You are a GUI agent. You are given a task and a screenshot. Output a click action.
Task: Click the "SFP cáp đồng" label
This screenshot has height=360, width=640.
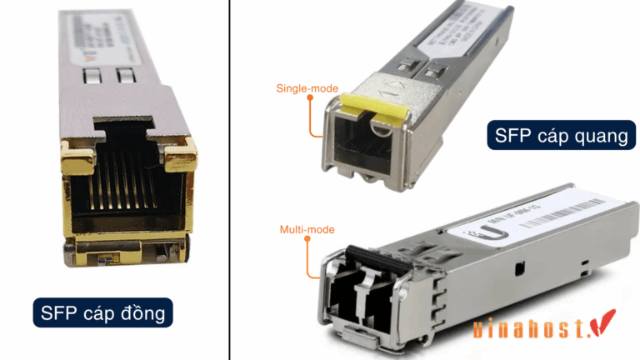click(102, 314)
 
